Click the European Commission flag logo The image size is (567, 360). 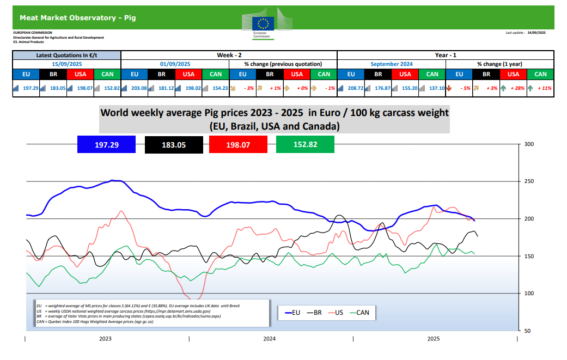[263, 22]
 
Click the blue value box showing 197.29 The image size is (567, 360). [106, 145]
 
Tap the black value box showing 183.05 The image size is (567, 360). [174, 145]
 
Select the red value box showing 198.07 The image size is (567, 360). [238, 145]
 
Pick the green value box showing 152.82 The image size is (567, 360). [305, 145]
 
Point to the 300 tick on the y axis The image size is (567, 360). [528, 144]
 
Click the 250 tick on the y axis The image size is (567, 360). [528, 181]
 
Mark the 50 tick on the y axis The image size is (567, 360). [527, 331]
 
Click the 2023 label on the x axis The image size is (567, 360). [106, 339]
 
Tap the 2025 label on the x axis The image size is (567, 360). [434, 339]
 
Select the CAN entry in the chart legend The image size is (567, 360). [361, 313]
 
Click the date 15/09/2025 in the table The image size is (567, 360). [66, 64]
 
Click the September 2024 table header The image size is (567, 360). [392, 64]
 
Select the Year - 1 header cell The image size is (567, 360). [446, 55]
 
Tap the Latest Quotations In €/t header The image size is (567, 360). [66, 55]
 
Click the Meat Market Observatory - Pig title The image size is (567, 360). [77, 17]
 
